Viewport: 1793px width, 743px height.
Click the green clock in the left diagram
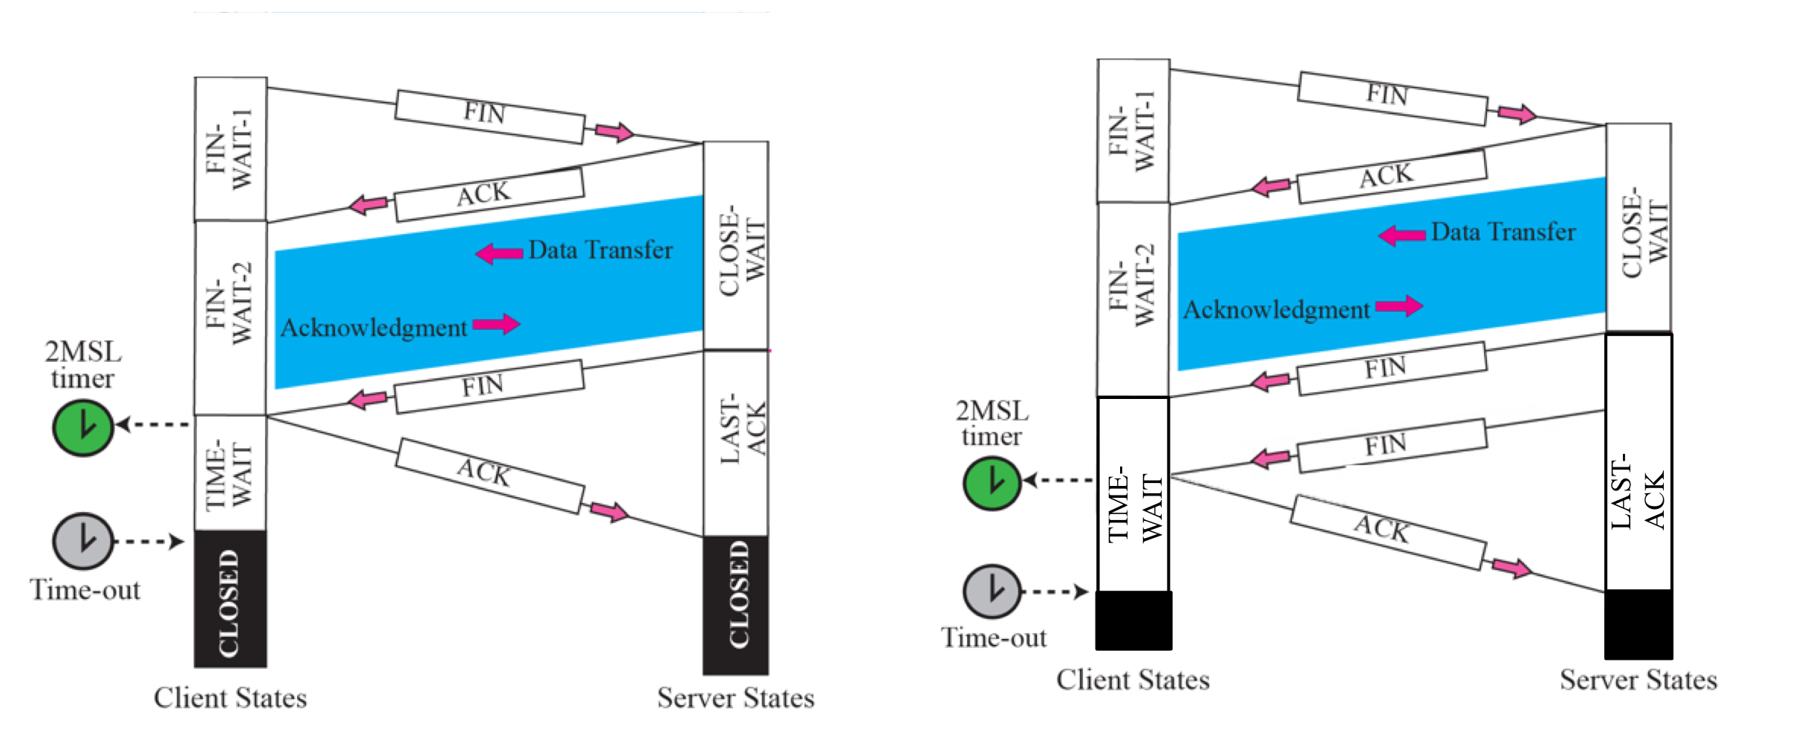(x=82, y=427)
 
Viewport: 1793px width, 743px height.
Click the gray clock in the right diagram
(x=992, y=591)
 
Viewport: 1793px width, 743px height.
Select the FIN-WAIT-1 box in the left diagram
(x=230, y=149)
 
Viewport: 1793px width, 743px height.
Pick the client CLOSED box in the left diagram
(x=230, y=599)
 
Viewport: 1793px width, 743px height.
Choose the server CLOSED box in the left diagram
(x=736, y=604)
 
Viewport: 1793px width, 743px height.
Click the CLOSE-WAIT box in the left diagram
(x=736, y=245)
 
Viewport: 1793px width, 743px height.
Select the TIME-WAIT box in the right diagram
(x=1133, y=494)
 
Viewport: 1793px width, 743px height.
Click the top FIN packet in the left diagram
(x=489, y=116)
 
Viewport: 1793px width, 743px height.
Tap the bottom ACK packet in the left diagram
(x=489, y=476)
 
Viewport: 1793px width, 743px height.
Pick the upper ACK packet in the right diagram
(x=1391, y=176)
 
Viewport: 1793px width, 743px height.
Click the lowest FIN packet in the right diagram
(x=1391, y=445)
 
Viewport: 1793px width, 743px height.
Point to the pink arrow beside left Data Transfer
(x=499, y=253)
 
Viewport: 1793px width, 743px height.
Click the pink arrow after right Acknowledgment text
(x=1399, y=305)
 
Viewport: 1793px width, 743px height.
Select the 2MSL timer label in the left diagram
(x=82, y=365)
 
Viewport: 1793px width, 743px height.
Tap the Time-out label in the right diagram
(x=994, y=637)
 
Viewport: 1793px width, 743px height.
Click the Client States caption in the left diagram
(x=230, y=698)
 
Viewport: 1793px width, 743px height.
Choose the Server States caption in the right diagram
(x=1639, y=680)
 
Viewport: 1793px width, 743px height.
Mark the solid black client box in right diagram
(x=1133, y=620)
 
